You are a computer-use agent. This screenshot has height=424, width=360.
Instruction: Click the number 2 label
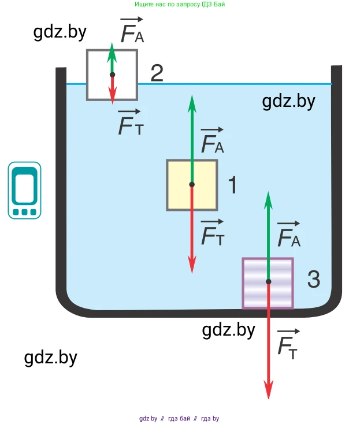click(x=157, y=73)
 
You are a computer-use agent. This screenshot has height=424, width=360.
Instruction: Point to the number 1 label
click(x=232, y=185)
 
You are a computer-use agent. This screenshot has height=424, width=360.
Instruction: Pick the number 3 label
click(x=313, y=280)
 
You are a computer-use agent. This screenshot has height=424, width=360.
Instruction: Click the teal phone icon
click(x=24, y=190)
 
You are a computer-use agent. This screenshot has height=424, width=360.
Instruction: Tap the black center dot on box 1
click(x=192, y=185)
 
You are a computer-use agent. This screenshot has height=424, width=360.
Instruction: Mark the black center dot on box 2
click(x=112, y=75)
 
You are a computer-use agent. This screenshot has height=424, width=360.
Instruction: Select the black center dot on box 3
click(x=268, y=282)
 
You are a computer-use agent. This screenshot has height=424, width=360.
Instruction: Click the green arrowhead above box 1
click(x=192, y=101)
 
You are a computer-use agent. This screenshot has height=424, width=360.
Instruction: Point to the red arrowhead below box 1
click(x=192, y=266)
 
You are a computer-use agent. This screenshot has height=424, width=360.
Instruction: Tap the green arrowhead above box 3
click(x=268, y=198)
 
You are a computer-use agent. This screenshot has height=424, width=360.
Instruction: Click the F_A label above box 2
click(x=132, y=32)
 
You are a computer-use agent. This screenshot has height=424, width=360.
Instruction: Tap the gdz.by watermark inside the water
click(x=288, y=102)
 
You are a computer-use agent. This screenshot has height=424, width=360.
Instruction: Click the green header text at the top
click(x=180, y=4)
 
